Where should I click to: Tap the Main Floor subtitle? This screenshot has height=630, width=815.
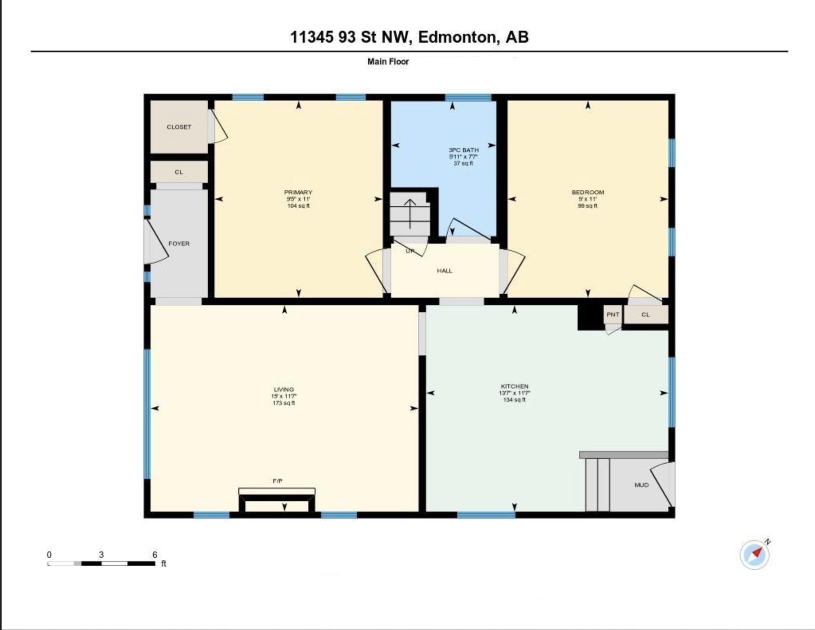[388, 61]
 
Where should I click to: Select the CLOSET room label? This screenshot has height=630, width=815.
[179, 127]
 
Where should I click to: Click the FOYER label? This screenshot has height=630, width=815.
[179, 244]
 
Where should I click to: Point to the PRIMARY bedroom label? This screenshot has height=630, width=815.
[298, 192]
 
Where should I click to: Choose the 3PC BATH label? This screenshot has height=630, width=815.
[464, 150]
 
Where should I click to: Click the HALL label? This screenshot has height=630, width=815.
[445, 271]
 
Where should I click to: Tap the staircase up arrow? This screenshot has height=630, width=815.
[410, 213]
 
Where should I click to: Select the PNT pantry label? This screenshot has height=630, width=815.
[613, 315]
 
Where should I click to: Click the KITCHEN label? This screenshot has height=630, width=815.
[515, 386]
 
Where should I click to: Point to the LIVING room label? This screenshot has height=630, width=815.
[284, 389]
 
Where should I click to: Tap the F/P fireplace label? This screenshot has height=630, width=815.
[278, 481]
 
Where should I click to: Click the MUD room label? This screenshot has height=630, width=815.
[641, 485]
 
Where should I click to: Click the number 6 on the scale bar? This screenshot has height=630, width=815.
[155, 554]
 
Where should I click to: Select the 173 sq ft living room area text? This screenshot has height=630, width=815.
[284, 403]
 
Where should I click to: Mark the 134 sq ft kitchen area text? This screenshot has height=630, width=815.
[515, 400]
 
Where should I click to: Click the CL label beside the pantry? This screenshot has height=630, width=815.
[645, 315]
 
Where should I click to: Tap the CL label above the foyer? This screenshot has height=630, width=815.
[179, 172]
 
